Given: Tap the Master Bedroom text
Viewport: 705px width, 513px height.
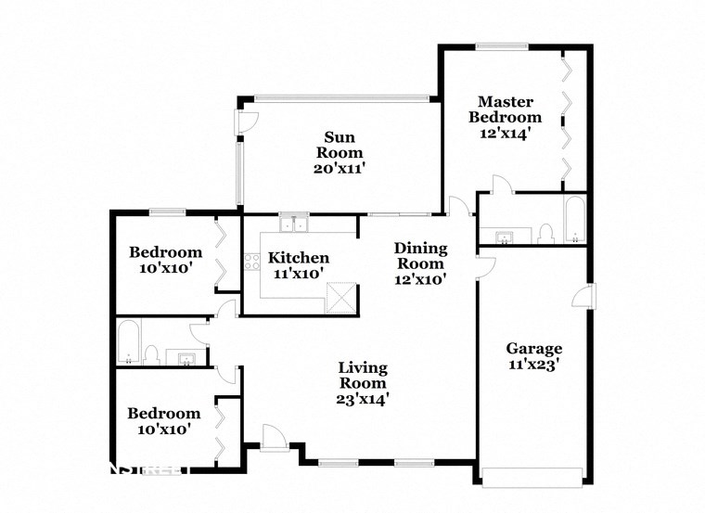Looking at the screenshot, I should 505,109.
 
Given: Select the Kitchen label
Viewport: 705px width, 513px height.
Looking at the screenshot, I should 298,258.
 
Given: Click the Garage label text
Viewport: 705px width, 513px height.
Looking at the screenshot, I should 533,349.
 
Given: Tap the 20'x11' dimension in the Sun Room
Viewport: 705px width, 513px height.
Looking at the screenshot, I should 339,169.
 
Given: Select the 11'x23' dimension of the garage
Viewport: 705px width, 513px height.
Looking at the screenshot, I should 533,365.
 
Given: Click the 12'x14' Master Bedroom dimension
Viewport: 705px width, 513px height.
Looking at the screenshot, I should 505,135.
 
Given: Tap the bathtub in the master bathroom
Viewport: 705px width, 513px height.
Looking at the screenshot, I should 574,219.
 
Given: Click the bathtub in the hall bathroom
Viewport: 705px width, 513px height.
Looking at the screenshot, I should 129,343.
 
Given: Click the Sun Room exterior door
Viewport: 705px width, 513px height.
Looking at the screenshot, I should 247,122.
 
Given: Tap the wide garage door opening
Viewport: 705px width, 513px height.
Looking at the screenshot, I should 533,478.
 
